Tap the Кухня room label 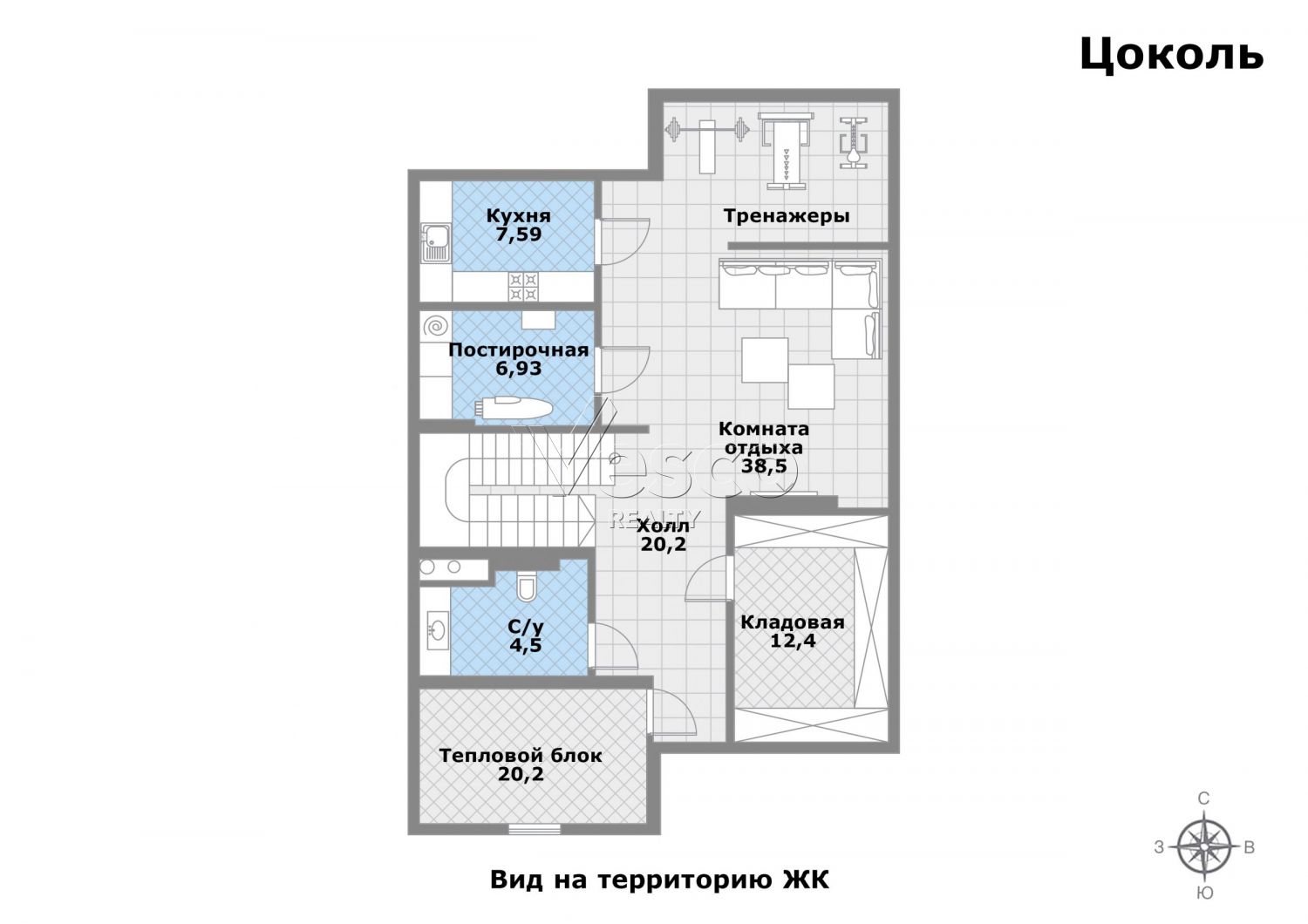519,216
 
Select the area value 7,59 519,234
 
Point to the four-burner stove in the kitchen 523,286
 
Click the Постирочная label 519,350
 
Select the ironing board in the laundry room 513,408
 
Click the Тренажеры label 787,216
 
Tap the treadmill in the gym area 786,150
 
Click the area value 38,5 764,465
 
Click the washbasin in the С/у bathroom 436,630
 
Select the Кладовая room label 793,622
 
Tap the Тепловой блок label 521,756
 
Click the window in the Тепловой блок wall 535,828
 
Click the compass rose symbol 1204,846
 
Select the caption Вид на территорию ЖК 659,880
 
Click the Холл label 663,526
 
